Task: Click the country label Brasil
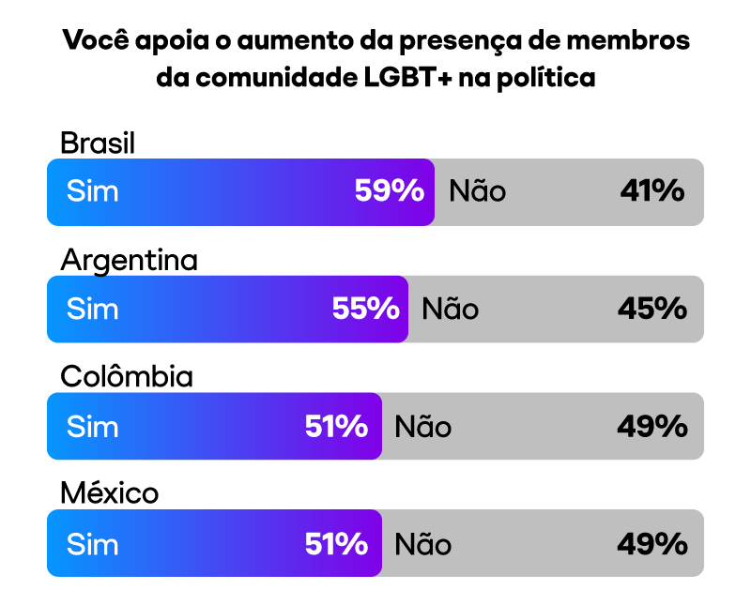click(98, 143)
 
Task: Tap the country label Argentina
click(129, 260)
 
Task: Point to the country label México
click(109, 493)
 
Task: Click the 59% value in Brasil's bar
click(390, 191)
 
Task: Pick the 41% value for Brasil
click(651, 191)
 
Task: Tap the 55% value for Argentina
click(366, 309)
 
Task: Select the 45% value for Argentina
click(651, 309)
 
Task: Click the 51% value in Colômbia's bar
click(336, 427)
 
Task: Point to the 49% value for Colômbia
click(651, 427)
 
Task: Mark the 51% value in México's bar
click(336, 544)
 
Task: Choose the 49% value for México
click(651, 544)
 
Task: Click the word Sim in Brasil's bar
click(93, 191)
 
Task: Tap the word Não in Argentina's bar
click(451, 309)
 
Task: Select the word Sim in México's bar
click(93, 544)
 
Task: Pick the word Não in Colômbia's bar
click(423, 427)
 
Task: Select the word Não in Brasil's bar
click(478, 191)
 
